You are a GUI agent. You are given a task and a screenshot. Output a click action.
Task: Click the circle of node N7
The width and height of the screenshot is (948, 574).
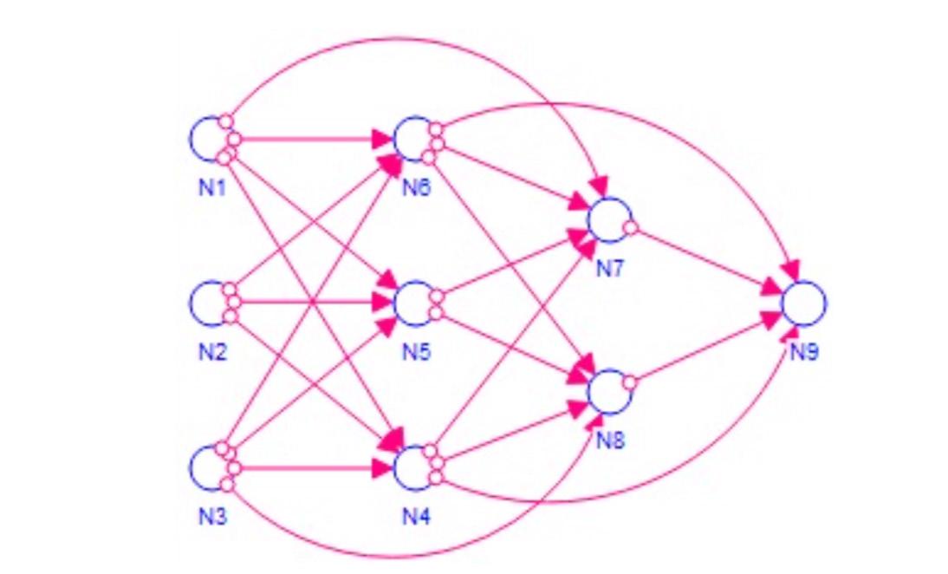coord(609,220)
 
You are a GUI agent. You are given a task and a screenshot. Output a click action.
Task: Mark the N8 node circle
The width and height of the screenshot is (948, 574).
coord(609,391)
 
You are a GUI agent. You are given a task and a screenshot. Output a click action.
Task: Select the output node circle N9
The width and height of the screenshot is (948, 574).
coord(803,303)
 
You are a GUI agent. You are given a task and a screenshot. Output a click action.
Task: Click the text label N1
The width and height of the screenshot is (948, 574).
coord(210,186)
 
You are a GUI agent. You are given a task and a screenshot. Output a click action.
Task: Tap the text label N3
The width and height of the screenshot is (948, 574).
coord(210,518)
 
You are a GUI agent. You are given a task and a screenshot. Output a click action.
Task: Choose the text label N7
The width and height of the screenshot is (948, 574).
coord(609,270)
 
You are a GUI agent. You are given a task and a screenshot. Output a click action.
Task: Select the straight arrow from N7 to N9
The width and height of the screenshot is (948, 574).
coord(706,261)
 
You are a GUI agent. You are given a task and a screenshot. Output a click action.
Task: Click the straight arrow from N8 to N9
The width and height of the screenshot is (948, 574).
coord(706,349)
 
